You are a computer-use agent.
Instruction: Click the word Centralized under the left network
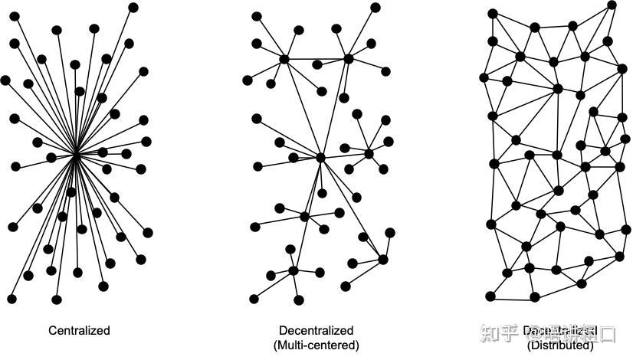click(79, 331)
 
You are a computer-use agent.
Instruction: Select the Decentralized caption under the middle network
click(316, 331)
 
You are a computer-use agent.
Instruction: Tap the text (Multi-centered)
click(316, 345)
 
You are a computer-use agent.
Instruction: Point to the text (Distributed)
click(560, 345)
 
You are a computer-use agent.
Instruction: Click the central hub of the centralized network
click(76, 155)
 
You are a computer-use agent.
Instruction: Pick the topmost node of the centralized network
click(133, 7)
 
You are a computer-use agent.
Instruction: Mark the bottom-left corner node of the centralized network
click(12, 297)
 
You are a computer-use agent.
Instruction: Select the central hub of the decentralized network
click(321, 157)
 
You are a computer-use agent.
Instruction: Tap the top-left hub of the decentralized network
click(284, 59)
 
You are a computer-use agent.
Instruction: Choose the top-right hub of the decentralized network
click(349, 58)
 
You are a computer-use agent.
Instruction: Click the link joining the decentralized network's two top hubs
click(316, 59)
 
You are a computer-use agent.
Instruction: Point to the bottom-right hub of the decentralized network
click(383, 260)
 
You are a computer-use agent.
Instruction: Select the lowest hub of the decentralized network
click(294, 270)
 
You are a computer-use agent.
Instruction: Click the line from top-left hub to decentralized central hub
click(302, 107)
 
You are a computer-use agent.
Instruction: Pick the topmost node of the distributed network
click(611, 5)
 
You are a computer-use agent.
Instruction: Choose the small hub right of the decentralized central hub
click(369, 154)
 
